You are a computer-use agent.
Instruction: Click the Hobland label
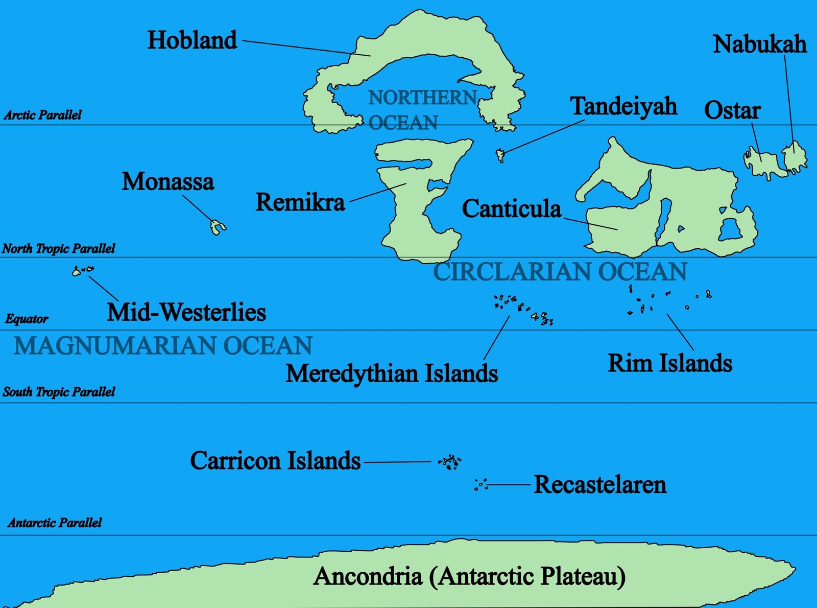(192, 40)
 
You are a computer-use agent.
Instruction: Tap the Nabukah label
(759, 44)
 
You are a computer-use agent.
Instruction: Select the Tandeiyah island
(500, 154)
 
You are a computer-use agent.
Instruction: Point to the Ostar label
(732, 110)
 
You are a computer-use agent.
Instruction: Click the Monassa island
(218, 227)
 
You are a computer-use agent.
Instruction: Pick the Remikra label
(300, 202)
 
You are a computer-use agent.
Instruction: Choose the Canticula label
(511, 209)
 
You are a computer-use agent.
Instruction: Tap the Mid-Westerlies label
(186, 312)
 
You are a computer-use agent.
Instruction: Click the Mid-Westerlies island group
(82, 270)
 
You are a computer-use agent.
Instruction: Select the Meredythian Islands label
(392, 373)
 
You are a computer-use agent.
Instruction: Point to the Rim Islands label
(669, 363)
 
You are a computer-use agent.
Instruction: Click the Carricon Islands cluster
(450, 462)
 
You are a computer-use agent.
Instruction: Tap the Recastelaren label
(599, 484)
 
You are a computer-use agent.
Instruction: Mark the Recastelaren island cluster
(480, 484)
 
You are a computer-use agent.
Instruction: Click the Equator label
(27, 319)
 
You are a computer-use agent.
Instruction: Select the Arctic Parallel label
(43, 115)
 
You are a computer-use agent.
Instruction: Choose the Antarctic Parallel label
(55, 523)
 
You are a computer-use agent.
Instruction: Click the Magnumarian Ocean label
(163, 346)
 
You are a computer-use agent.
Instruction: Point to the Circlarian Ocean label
(560, 272)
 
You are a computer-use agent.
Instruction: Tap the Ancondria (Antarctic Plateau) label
(470, 576)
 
